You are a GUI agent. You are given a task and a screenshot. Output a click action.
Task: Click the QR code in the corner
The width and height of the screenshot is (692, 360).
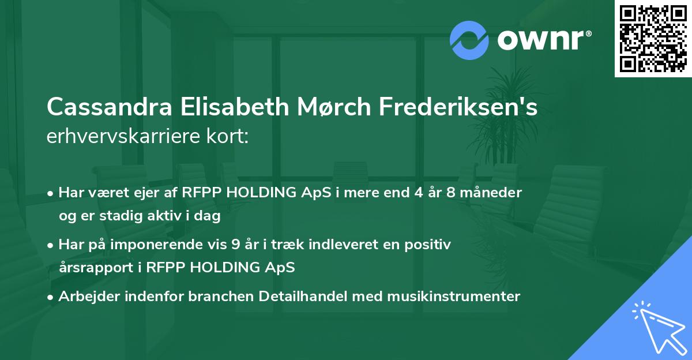653,39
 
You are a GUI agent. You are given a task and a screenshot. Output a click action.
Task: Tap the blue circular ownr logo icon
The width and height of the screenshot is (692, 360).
469,40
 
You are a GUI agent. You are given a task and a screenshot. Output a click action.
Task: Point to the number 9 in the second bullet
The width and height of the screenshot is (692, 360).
235,244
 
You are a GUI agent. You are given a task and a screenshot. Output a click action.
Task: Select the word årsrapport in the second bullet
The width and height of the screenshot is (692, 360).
92,268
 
